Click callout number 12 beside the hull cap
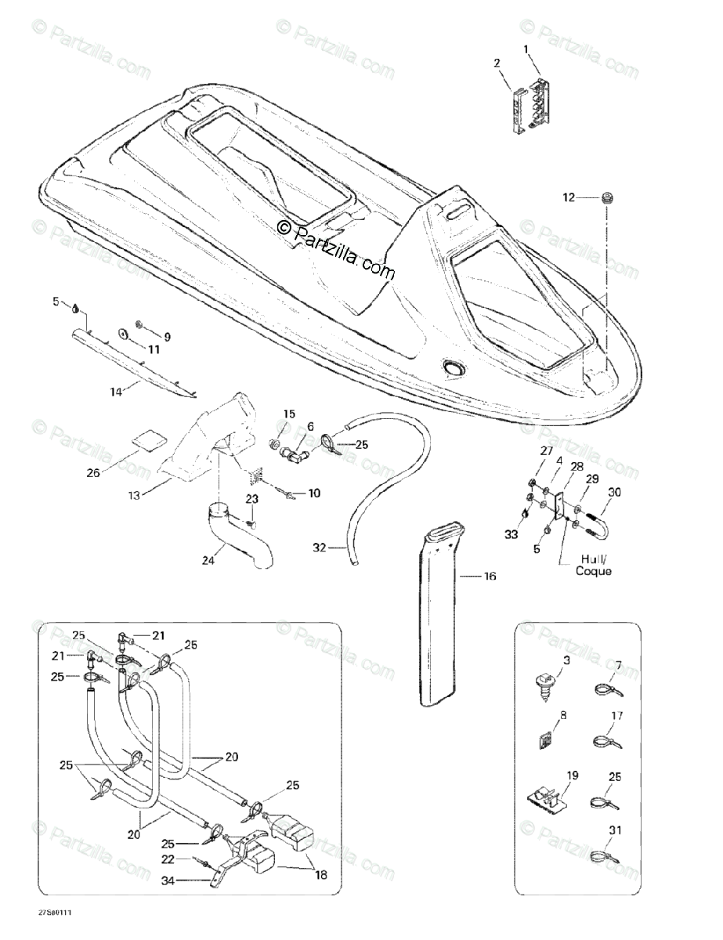coord(569,198)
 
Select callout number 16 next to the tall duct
coord(490,577)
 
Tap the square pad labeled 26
coord(143,438)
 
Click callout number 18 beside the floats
coord(319,875)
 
